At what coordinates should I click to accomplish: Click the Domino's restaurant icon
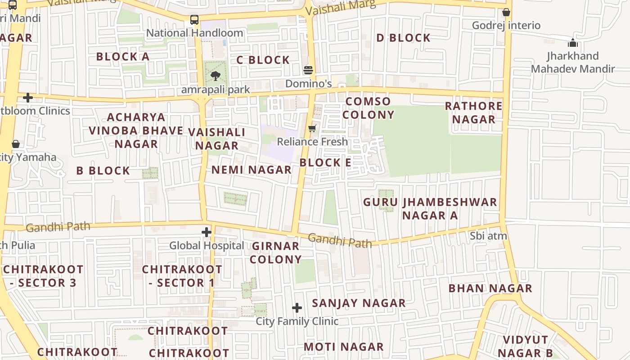click(308, 70)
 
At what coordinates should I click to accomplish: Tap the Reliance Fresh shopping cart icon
click(312, 129)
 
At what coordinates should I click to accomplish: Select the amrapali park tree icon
click(215, 76)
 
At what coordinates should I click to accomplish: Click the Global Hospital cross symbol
click(207, 232)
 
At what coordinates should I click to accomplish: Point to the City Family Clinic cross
click(297, 308)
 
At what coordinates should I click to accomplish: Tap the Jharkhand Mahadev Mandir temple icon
click(572, 43)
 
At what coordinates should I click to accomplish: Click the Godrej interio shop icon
click(506, 12)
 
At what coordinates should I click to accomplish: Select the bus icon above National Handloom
click(194, 20)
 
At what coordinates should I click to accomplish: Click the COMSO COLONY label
click(368, 108)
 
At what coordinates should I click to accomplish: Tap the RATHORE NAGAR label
click(473, 112)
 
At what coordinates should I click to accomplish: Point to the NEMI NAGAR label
click(252, 170)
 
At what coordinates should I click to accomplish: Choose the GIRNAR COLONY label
click(275, 252)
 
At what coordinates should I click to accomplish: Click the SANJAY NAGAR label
click(359, 303)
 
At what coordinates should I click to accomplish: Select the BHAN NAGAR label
click(490, 288)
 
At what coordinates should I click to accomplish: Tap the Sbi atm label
click(488, 236)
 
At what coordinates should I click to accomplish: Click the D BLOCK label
click(403, 38)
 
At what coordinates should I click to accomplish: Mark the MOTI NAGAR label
click(343, 347)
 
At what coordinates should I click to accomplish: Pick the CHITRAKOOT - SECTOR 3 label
click(43, 276)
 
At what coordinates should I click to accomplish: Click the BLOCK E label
click(325, 162)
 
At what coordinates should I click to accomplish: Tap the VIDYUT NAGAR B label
click(526, 346)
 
